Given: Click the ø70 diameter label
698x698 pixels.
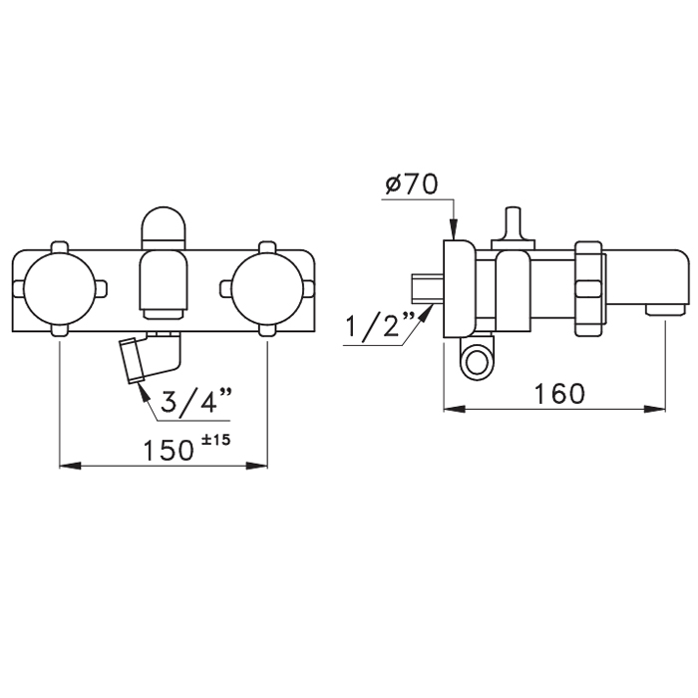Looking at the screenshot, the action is click(411, 183).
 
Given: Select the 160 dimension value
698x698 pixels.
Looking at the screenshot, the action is click(558, 394).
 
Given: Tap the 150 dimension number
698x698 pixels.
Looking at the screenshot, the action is click(168, 450).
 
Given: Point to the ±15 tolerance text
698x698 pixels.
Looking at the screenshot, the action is click(216, 440).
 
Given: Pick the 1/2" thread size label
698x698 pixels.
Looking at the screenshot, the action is click(381, 325).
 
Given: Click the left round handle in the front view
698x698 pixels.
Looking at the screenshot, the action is click(60, 288).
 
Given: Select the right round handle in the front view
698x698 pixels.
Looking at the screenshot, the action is click(267, 288).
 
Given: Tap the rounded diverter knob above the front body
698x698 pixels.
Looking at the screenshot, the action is click(164, 228).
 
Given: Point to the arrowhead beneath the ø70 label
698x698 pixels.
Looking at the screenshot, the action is click(453, 229).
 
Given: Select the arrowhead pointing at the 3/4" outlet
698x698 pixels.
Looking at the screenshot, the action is click(144, 391).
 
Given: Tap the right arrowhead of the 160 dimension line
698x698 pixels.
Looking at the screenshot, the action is click(655, 409).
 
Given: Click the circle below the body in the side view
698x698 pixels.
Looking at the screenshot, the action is click(477, 361).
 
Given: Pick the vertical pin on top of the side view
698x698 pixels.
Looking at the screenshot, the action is click(513, 223).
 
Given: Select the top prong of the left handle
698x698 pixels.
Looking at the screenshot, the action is click(60, 247).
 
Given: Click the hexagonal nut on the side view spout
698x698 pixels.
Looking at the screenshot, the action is click(588, 288).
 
